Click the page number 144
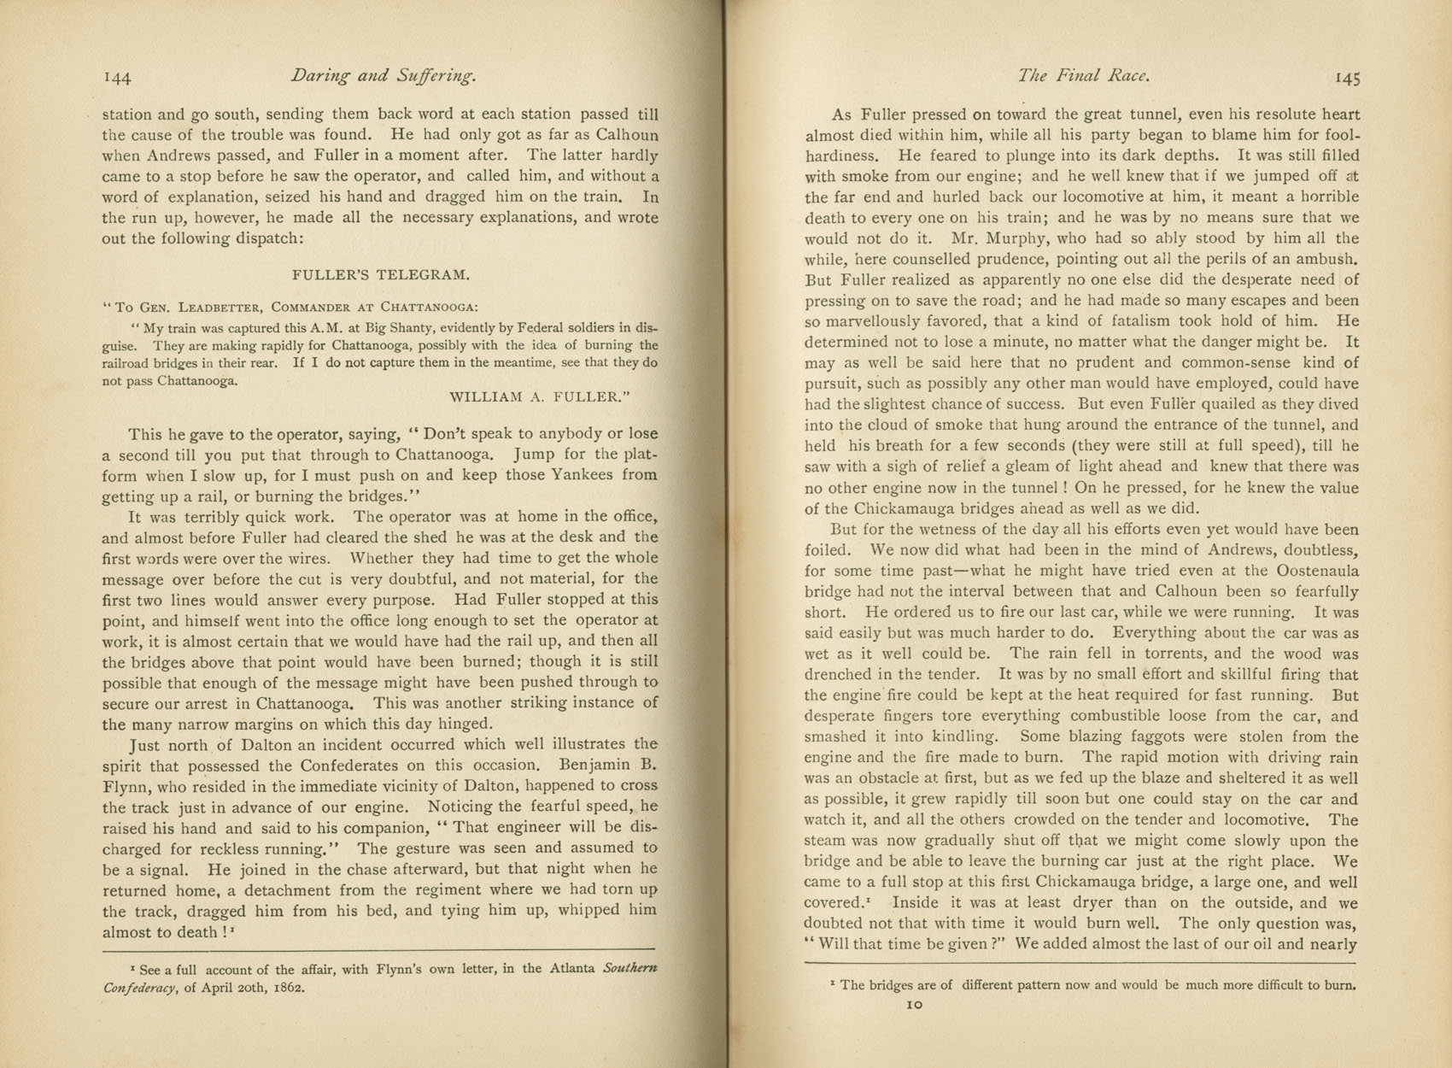coord(117,78)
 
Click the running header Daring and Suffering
coord(383,75)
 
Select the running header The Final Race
coord(1083,75)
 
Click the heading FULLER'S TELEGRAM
coord(380,275)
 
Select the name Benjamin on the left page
coord(594,765)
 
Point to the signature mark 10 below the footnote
coord(914,1006)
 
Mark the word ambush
coord(1331,259)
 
